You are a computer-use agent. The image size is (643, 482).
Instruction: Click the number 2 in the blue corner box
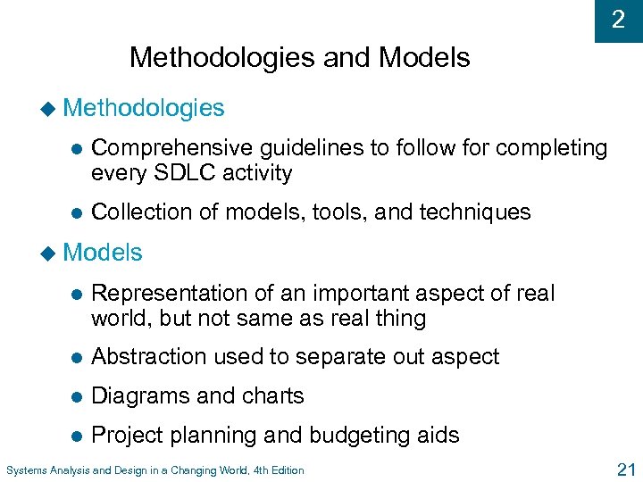point(618,21)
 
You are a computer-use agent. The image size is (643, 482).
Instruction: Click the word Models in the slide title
point(424,58)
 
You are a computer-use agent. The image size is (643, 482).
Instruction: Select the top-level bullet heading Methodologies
point(145,108)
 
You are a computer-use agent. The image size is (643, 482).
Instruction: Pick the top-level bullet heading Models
point(104,253)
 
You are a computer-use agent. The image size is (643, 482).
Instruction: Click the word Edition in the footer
point(284,470)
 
